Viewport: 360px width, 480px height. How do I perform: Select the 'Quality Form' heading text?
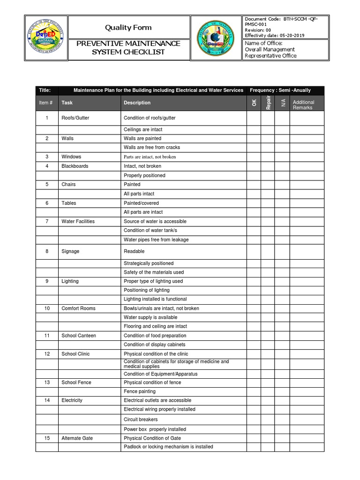(x=128, y=28)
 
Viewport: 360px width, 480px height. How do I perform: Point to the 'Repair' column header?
(x=268, y=103)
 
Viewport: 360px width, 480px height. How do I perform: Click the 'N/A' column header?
(x=282, y=103)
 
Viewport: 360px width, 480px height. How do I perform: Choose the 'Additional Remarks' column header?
(x=303, y=105)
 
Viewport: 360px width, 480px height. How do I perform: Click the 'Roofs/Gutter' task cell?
(x=75, y=118)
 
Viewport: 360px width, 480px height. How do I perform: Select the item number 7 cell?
(x=47, y=221)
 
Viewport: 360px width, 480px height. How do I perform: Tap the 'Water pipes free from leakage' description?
(x=156, y=240)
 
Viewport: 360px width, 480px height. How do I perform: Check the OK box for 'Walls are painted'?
(x=254, y=139)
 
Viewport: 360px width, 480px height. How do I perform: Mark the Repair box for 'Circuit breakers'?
(x=268, y=420)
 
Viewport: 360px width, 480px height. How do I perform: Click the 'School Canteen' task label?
(x=77, y=336)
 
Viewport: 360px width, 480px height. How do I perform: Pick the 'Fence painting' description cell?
(x=140, y=391)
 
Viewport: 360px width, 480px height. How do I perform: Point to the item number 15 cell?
(x=47, y=438)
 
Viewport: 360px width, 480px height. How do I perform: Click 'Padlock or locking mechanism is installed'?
(x=168, y=447)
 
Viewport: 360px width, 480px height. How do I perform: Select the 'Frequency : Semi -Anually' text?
(x=280, y=90)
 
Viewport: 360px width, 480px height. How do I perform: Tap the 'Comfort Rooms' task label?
(x=78, y=308)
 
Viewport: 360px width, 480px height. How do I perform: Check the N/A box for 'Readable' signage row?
(x=282, y=251)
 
